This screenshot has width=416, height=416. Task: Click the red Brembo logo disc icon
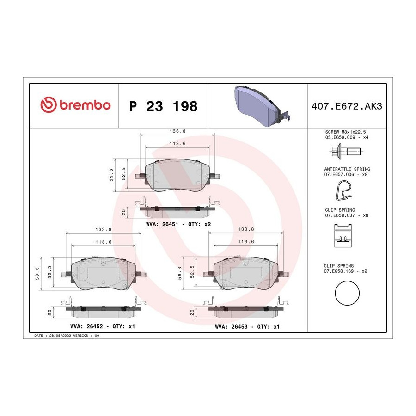point(49,104)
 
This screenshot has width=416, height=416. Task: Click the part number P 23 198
point(164,106)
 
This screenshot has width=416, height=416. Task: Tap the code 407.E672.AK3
point(347,106)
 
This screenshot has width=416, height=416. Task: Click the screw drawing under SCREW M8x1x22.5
point(346,152)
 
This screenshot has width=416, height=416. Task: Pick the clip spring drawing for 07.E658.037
point(343,236)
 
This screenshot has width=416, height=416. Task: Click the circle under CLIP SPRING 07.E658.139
point(347,293)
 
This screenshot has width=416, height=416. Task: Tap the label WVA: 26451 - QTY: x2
point(178,224)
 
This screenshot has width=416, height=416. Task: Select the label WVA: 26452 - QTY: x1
point(103,326)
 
